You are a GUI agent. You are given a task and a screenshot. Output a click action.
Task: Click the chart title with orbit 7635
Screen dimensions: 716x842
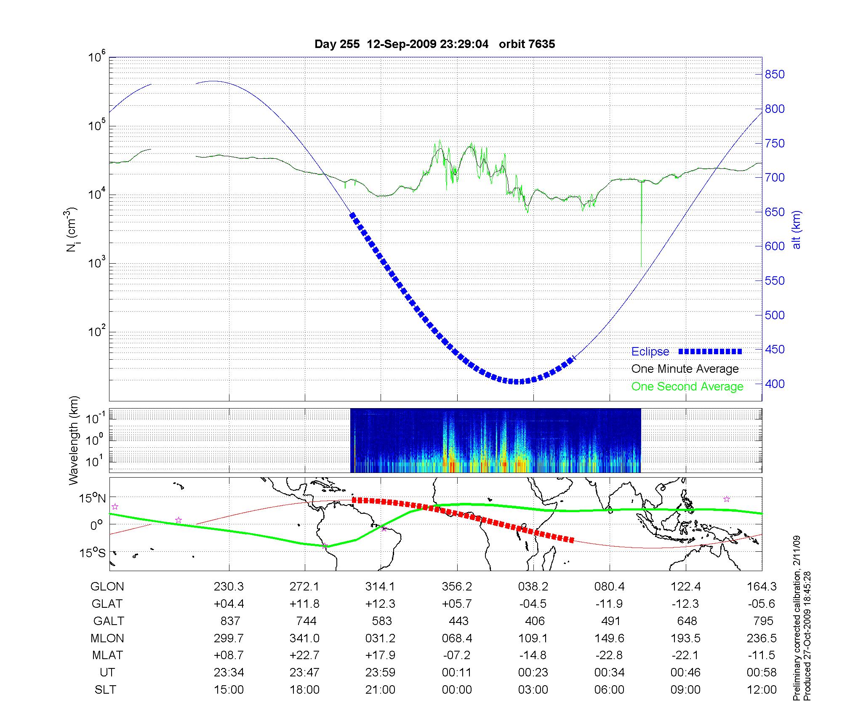click(x=434, y=44)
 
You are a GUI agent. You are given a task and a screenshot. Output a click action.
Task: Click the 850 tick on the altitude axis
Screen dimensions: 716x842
click(x=775, y=75)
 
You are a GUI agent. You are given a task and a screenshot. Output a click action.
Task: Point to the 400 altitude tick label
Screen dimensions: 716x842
click(x=775, y=384)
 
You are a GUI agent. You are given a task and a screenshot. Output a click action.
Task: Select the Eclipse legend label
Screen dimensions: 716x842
click(x=650, y=352)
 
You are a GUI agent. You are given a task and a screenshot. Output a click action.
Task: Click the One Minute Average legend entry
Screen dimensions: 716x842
click(x=685, y=369)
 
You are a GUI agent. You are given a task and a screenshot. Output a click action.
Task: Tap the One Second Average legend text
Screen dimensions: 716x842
click(x=687, y=387)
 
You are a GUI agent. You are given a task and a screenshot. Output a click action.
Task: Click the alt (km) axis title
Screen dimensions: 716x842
click(x=797, y=230)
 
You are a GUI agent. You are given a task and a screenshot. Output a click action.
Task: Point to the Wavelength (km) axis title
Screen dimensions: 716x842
click(x=74, y=440)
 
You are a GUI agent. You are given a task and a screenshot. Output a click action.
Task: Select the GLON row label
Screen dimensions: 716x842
click(x=107, y=586)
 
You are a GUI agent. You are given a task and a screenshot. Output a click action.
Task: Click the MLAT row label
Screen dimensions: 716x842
click(x=107, y=655)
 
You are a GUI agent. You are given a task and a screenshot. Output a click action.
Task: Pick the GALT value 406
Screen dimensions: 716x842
click(x=535, y=621)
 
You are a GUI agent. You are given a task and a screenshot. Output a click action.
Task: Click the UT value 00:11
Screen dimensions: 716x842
click(x=457, y=673)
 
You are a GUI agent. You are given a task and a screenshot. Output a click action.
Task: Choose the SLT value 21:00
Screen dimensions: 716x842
click(x=381, y=690)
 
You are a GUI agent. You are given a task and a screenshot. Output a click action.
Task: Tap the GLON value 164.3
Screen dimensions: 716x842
click(x=762, y=586)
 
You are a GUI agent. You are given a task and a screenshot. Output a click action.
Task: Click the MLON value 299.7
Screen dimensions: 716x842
click(x=229, y=638)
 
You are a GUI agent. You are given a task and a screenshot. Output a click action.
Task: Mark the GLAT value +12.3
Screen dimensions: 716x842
click(x=381, y=604)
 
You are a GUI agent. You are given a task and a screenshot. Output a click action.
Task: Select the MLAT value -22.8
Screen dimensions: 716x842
click(x=609, y=655)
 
